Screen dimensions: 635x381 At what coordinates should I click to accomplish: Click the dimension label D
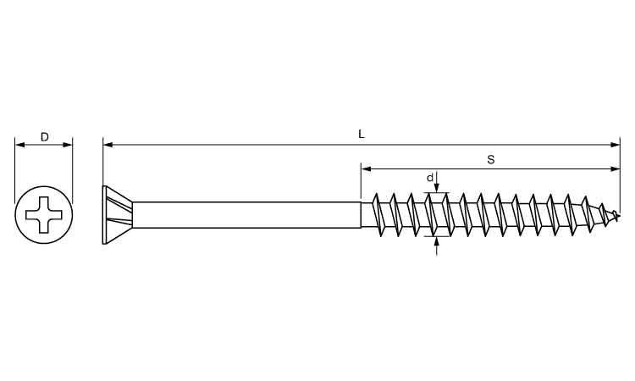coord(45,137)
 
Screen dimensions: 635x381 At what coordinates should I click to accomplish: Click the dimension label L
coord(362,134)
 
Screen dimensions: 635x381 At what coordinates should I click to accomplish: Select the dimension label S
coord(491,159)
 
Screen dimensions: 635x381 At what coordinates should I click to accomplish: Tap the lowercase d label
coord(430,178)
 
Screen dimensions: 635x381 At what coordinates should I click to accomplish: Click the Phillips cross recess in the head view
coord(44,214)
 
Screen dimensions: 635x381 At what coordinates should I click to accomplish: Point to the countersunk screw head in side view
coord(118,215)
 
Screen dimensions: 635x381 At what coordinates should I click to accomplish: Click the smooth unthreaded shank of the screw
coord(246,215)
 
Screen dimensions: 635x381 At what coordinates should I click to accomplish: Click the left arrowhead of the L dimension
coord(108,145)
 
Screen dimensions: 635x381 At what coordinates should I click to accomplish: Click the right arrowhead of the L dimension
coord(616,145)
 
